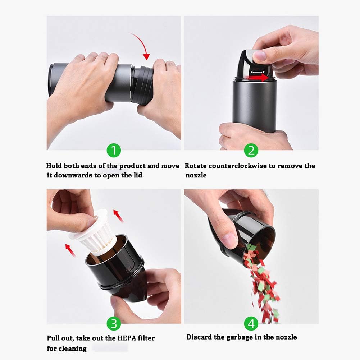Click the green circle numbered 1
point(114,151)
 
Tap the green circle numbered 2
point(251,151)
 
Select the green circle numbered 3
point(114,324)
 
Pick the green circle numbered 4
point(251,324)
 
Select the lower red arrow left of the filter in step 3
point(70,250)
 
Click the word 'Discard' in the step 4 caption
point(198,337)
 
